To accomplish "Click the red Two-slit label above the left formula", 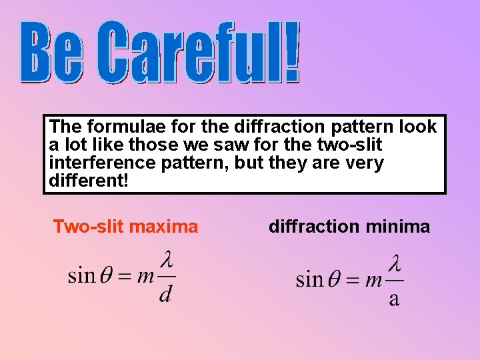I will coord(88,227).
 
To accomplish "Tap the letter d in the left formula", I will coord(165,293).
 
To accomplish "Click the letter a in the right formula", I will coord(394,298).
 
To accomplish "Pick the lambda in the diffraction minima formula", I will coord(395,263).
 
